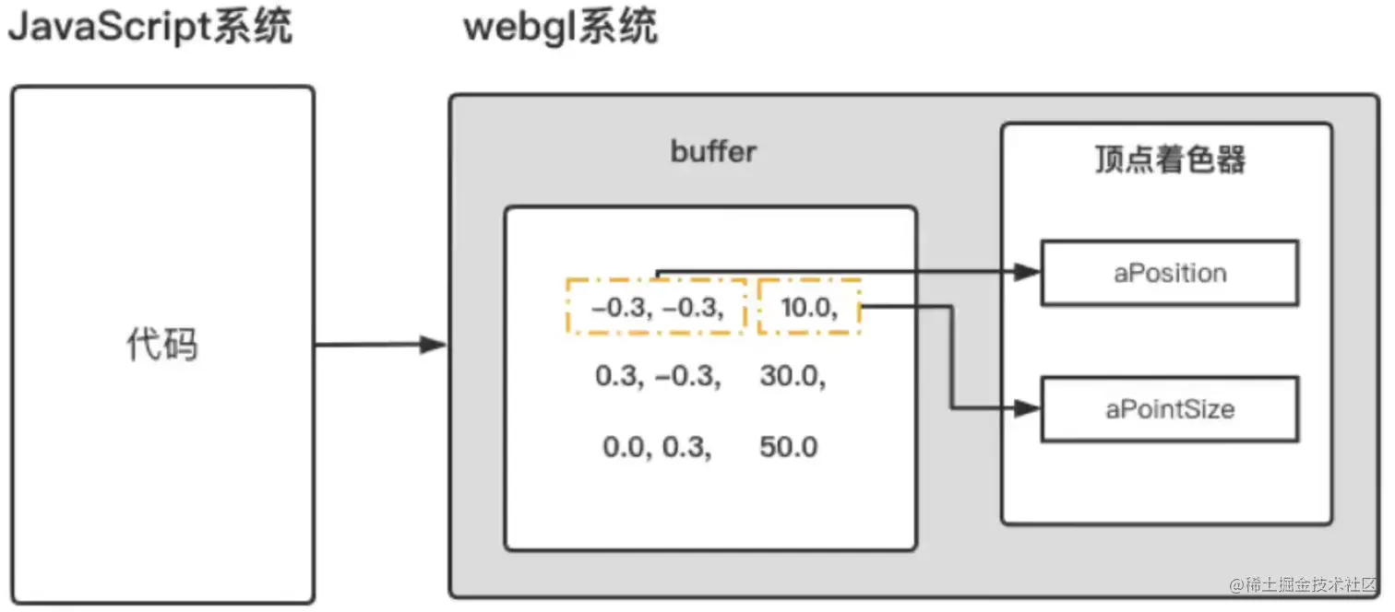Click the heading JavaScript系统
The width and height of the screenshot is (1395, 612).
click(x=150, y=28)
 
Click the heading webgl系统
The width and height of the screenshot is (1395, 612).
click(x=560, y=28)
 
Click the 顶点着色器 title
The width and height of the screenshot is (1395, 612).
click(x=1169, y=159)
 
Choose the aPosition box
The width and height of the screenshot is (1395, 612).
click(x=1169, y=273)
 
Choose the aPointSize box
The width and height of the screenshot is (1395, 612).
click(x=1169, y=408)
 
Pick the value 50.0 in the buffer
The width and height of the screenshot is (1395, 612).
click(x=789, y=447)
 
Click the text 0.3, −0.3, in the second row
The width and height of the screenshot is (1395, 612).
click(x=658, y=376)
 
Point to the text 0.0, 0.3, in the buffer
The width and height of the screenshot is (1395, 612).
click(x=657, y=447)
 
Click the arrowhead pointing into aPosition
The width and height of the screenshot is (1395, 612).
click(x=1027, y=272)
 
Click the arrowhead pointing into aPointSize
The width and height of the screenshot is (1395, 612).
click(x=1027, y=407)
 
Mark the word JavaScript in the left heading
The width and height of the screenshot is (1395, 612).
click(x=109, y=28)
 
